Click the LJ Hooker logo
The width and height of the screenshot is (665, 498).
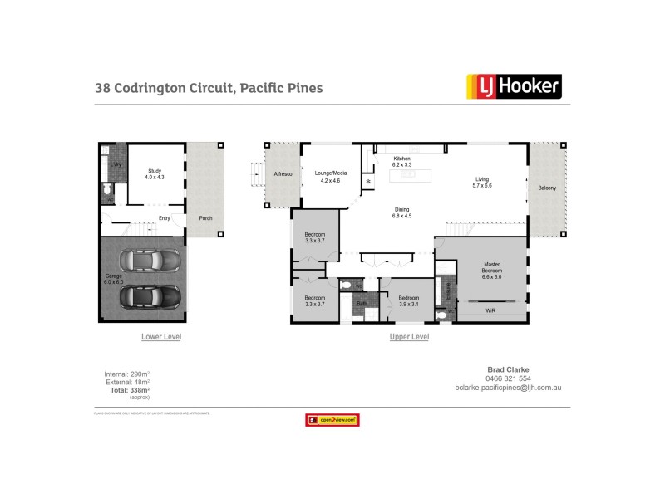pyautogui.click(x=513, y=86)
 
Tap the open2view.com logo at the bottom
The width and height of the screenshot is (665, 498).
pyautogui.click(x=332, y=421)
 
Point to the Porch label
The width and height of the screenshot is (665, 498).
pyautogui.click(x=204, y=218)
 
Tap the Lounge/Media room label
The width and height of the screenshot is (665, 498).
pyautogui.click(x=330, y=176)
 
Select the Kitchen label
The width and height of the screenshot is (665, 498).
pyautogui.click(x=402, y=161)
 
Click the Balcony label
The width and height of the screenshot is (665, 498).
pyautogui.click(x=547, y=188)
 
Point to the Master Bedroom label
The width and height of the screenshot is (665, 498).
pyautogui.click(x=492, y=271)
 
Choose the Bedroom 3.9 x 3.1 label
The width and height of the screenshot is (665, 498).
pyautogui.click(x=408, y=301)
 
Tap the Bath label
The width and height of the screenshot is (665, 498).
pyautogui.click(x=362, y=304)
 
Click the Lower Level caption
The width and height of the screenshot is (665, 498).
pyautogui.click(x=160, y=337)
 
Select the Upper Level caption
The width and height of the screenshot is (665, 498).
pyautogui.click(x=409, y=337)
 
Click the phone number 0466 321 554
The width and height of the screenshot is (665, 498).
pyautogui.click(x=508, y=378)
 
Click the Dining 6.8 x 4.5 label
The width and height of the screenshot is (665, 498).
pyautogui.click(x=402, y=212)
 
